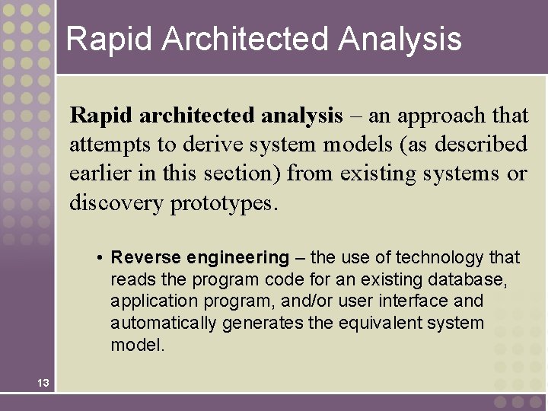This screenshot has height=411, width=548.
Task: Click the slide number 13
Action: (x=42, y=383)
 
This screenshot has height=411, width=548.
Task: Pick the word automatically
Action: (x=164, y=323)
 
